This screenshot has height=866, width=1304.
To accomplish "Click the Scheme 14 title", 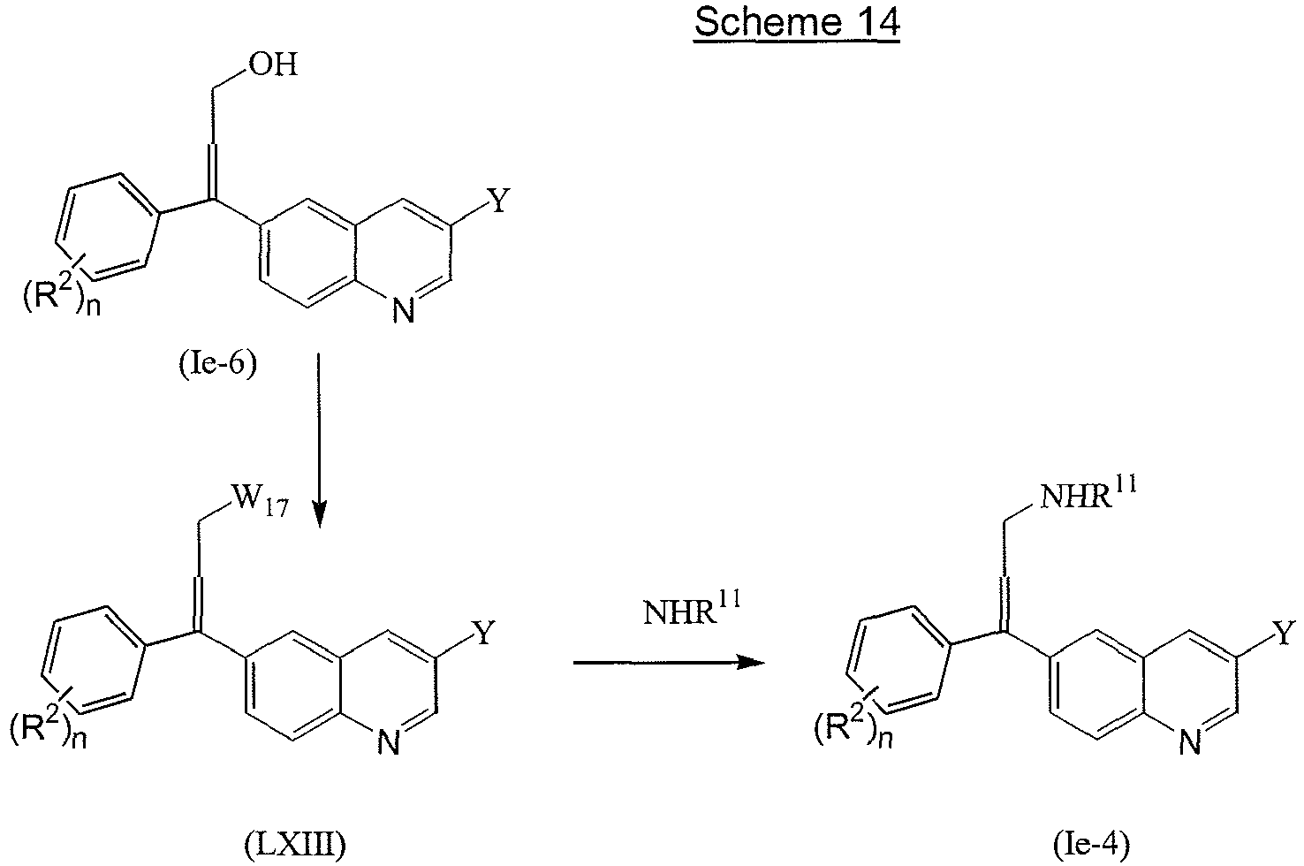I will click(796, 23).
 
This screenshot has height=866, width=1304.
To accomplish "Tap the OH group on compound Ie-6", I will click(275, 65).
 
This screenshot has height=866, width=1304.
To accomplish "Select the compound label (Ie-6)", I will click(216, 363).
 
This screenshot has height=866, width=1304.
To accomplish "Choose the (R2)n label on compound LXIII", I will click(46, 730).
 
